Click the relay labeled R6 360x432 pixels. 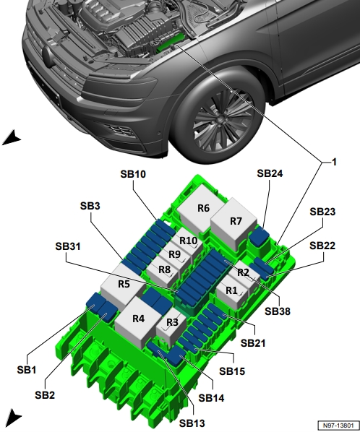[200, 208]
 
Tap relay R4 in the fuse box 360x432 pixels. [138, 321]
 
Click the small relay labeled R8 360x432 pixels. [163, 272]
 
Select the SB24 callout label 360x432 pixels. [270, 173]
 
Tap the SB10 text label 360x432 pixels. [133, 174]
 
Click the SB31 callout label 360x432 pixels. [68, 246]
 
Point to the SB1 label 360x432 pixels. [27, 370]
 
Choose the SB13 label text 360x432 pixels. [192, 423]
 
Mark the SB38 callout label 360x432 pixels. [278, 311]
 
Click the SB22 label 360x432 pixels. [322, 246]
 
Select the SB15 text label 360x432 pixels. [232, 371]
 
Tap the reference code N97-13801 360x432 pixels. [338, 425]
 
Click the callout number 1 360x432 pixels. [334, 163]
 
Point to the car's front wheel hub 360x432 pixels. [220, 119]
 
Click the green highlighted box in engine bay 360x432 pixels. [171, 42]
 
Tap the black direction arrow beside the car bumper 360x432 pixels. [12, 137]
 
